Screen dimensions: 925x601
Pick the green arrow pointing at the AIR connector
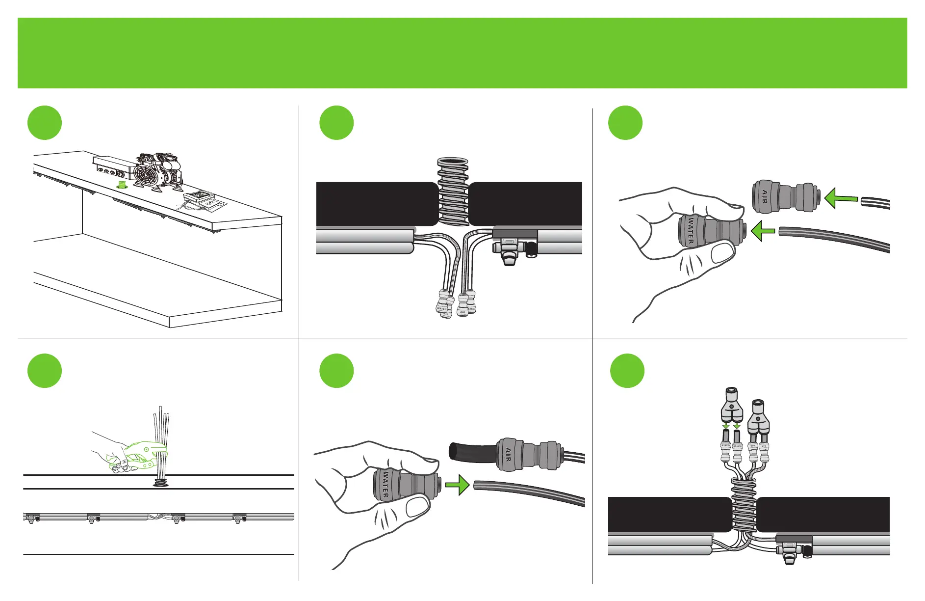click(x=841, y=199)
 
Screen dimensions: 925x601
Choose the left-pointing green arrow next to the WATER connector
click(x=763, y=231)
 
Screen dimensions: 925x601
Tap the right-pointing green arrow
click(x=457, y=485)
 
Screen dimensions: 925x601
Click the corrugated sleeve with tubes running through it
click(x=744, y=506)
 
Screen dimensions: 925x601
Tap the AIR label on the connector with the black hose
click(x=508, y=455)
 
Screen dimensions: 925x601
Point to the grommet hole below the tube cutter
click(x=160, y=483)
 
